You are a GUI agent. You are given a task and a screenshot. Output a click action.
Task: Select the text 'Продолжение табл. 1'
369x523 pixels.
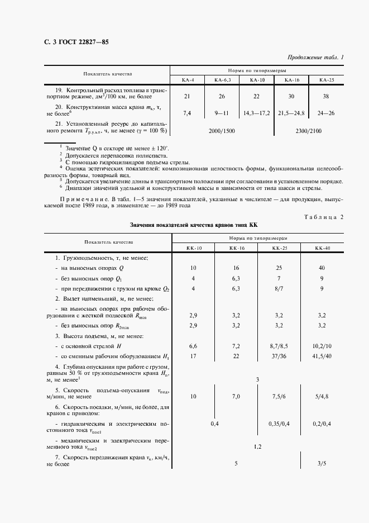pos(315,58)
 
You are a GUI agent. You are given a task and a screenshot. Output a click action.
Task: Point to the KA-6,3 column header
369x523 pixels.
pos(223,80)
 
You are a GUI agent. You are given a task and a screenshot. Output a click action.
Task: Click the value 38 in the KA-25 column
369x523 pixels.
pos(325,96)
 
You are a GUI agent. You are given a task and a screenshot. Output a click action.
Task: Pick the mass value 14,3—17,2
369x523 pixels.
pos(256,113)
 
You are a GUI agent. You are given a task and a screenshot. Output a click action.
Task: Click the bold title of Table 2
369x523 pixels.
pos(193,225)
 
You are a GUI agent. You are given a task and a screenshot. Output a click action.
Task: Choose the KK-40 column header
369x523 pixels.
pos(323,248)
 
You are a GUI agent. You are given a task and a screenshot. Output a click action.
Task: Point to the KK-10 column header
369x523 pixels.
pos(193,248)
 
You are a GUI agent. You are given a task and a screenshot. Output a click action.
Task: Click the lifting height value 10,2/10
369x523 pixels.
pos(323,346)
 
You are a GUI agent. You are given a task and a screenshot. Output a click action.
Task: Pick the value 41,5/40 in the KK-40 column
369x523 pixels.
pos(323,356)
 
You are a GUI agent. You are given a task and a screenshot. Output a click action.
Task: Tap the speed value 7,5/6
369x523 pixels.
pos(279,396)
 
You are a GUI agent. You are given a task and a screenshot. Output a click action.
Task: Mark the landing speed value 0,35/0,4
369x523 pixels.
pos(279,424)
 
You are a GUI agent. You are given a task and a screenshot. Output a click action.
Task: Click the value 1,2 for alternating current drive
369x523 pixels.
pos(257,446)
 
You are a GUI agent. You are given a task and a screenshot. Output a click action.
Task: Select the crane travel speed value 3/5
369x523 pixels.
pos(323,463)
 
